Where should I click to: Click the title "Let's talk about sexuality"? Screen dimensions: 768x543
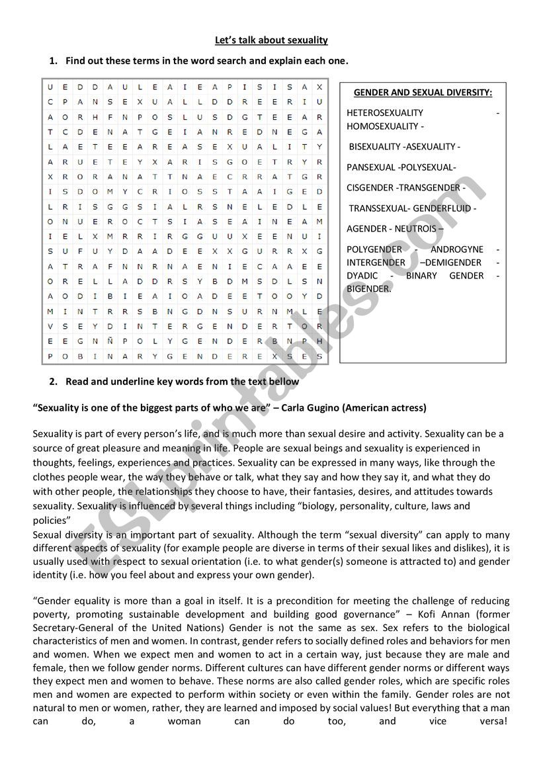(271, 40)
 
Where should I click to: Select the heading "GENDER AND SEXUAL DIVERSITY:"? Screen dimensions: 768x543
(423, 93)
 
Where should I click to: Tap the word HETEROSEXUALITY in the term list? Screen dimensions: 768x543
(385, 112)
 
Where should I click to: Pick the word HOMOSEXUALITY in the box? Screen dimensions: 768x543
(382, 126)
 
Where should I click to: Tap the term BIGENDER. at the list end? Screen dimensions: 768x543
(369, 288)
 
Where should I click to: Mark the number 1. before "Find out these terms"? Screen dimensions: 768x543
(54, 61)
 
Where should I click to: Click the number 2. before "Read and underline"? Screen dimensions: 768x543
(54, 382)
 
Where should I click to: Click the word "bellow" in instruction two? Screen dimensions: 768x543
(284, 382)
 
